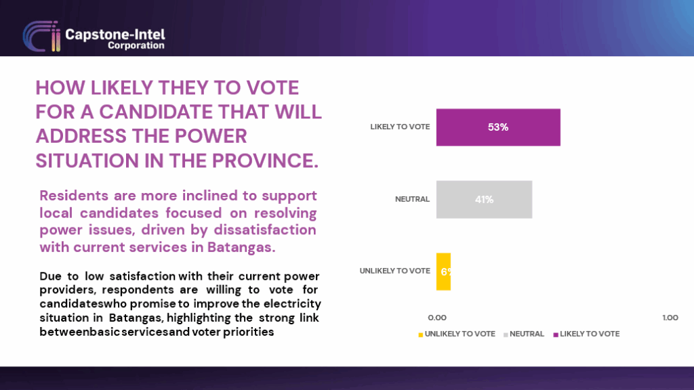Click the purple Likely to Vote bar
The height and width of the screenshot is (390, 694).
tap(498, 127)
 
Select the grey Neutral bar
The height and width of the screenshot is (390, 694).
tap(484, 200)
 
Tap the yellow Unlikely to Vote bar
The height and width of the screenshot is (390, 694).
tap(443, 272)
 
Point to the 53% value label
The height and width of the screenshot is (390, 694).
tap(498, 127)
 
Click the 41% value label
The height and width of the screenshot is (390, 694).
tap(484, 200)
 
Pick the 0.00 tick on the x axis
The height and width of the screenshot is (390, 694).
tap(437, 318)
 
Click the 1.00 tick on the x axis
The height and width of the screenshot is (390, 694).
tap(670, 318)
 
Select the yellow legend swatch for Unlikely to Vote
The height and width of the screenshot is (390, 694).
tap(420, 334)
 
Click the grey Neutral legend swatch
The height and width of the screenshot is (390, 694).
tap(506, 334)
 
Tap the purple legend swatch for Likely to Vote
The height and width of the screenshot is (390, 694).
tap(556, 334)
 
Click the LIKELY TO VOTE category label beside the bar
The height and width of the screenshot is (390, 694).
tap(400, 127)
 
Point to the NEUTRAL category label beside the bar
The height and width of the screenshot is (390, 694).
tap(412, 200)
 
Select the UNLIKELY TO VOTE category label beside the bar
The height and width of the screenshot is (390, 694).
tap(395, 271)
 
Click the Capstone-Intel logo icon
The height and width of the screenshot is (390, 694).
tap(41, 37)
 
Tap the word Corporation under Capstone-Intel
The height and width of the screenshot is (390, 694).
tap(136, 45)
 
